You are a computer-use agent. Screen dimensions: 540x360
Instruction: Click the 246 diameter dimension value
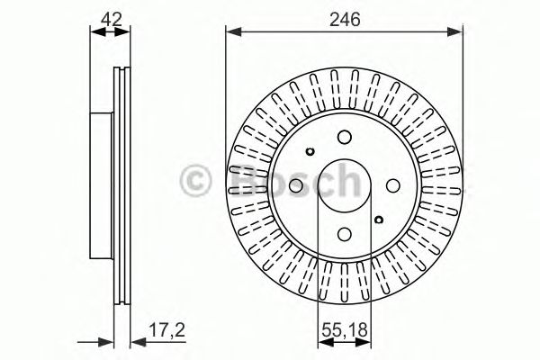345,19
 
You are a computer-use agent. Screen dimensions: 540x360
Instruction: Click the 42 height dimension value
111,19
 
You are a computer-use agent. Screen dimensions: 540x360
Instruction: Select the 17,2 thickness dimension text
166,330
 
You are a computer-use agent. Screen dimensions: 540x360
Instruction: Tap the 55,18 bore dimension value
345,330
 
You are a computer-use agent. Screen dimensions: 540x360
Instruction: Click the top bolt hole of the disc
345,137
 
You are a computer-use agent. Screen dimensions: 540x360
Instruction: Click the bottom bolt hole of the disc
345,235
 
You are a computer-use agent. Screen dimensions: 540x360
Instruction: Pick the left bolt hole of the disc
296,185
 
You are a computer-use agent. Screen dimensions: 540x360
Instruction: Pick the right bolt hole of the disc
393,185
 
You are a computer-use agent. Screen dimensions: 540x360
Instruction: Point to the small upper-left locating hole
310,151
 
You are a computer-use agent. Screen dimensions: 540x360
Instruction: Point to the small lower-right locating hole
379,220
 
